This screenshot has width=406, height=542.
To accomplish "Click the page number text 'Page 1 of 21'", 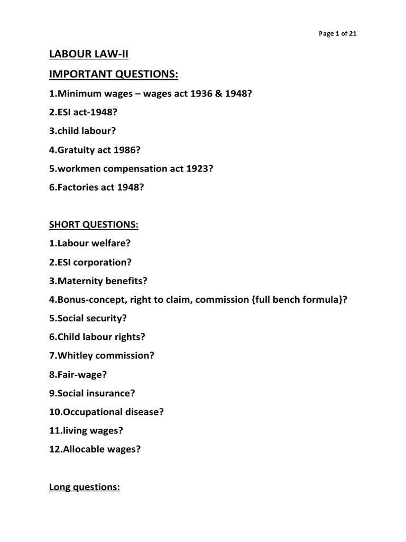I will coord(338,33).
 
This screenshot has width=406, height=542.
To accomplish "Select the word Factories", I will coord(76,188).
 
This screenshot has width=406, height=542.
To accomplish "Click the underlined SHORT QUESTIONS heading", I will coord(94,225).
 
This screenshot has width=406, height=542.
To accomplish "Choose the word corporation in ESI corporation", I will coord(102,262).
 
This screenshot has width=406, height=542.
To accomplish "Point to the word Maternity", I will coord(80,281).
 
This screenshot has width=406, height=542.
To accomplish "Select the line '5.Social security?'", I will coord(88,319).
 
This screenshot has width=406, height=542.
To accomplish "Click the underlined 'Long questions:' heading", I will coord(85,487).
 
